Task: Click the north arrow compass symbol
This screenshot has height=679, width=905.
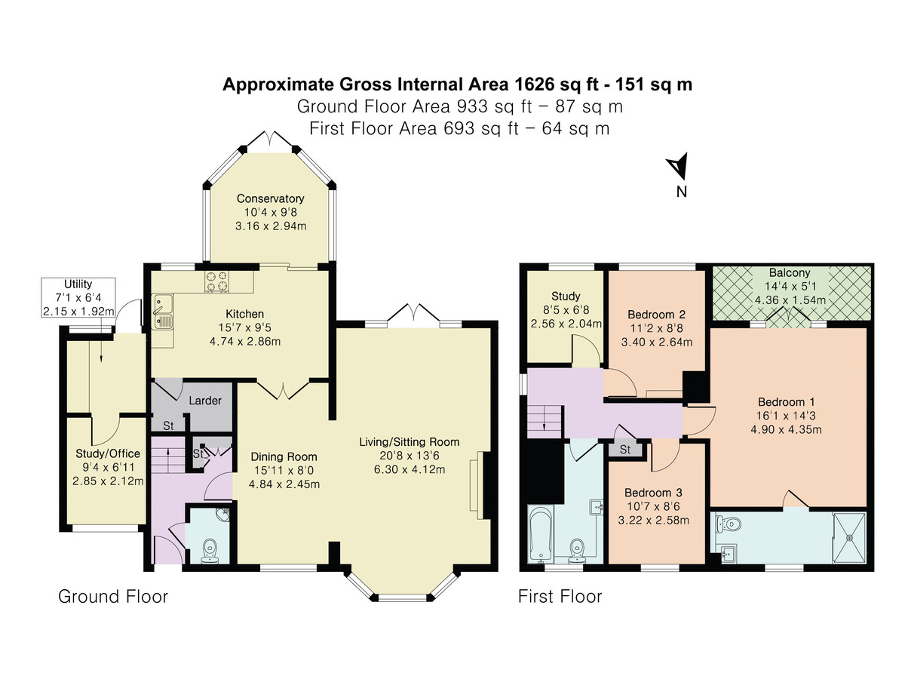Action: pyautogui.click(x=678, y=166)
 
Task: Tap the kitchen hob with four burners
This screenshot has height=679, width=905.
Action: pyautogui.click(x=217, y=281)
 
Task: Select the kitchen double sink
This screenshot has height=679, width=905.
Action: pyautogui.click(x=164, y=312)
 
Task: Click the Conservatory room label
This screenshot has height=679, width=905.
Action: pyautogui.click(x=271, y=198)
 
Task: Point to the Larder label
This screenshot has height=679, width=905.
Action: pyautogui.click(x=205, y=401)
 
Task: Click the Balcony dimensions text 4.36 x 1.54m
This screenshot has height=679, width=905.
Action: pyautogui.click(x=790, y=300)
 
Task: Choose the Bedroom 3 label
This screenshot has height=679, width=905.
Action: pyautogui.click(x=653, y=493)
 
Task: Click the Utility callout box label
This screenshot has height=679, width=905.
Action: pyautogui.click(x=78, y=284)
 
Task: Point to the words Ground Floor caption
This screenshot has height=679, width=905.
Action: pyautogui.click(x=113, y=597)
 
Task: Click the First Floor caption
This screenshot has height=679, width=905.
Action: pyautogui.click(x=560, y=597)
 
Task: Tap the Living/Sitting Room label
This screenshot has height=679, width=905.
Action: pyautogui.click(x=409, y=442)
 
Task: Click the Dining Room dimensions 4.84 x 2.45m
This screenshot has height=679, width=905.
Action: pyautogui.click(x=284, y=484)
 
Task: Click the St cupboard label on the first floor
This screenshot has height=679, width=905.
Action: pyautogui.click(x=625, y=450)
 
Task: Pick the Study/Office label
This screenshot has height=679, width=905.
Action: pyautogui.click(x=108, y=453)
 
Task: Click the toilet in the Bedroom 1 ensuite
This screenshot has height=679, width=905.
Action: pyautogui.click(x=728, y=525)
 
